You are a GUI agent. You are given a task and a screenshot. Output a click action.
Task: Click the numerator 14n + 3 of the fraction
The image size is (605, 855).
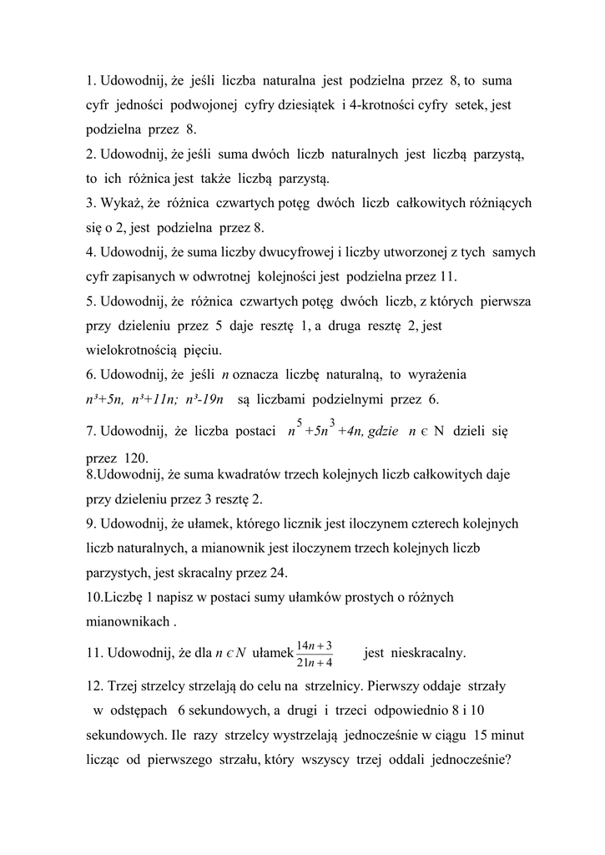click(314, 645)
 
